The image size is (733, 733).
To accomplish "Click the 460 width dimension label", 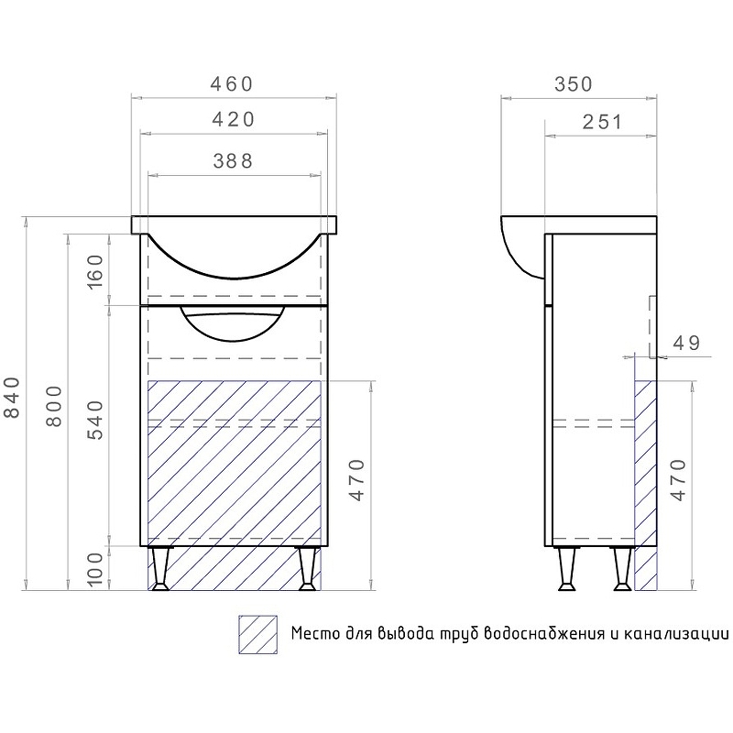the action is click(232, 84).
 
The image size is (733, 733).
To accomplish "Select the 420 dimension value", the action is click(234, 120).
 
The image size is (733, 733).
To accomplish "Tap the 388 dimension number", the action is click(233, 161).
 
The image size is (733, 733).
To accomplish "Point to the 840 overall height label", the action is click(13, 397).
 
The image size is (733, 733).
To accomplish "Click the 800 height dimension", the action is click(54, 406).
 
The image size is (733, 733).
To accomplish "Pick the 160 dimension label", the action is click(95, 271).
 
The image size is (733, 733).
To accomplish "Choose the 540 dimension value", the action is click(95, 420).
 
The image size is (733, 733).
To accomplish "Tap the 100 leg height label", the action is click(95, 569).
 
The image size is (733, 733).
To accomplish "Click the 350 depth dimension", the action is click(574, 84).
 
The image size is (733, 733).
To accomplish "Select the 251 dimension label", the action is click(602, 122).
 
